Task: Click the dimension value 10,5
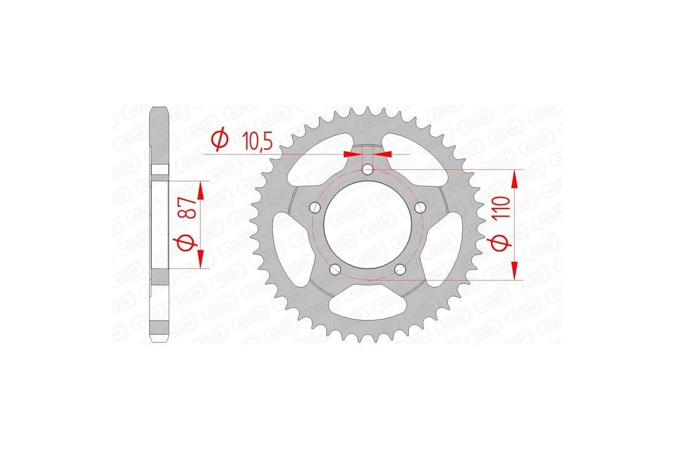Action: (x=257, y=141)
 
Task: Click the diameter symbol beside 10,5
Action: (x=220, y=140)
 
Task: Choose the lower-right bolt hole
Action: (x=400, y=269)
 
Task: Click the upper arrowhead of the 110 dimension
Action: (x=514, y=178)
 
